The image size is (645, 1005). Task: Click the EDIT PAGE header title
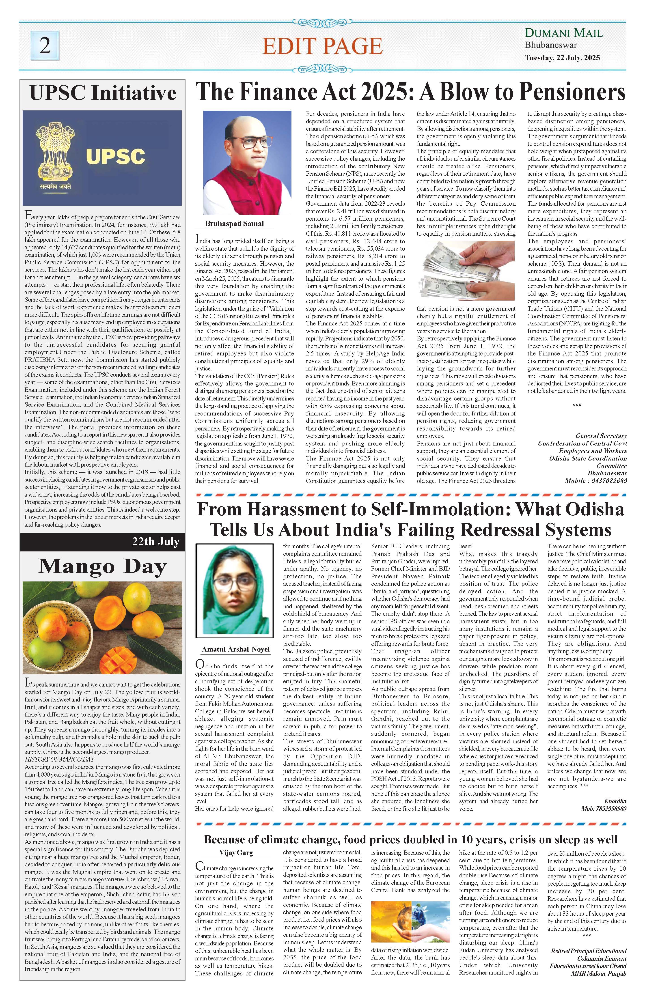[x=322, y=46]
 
